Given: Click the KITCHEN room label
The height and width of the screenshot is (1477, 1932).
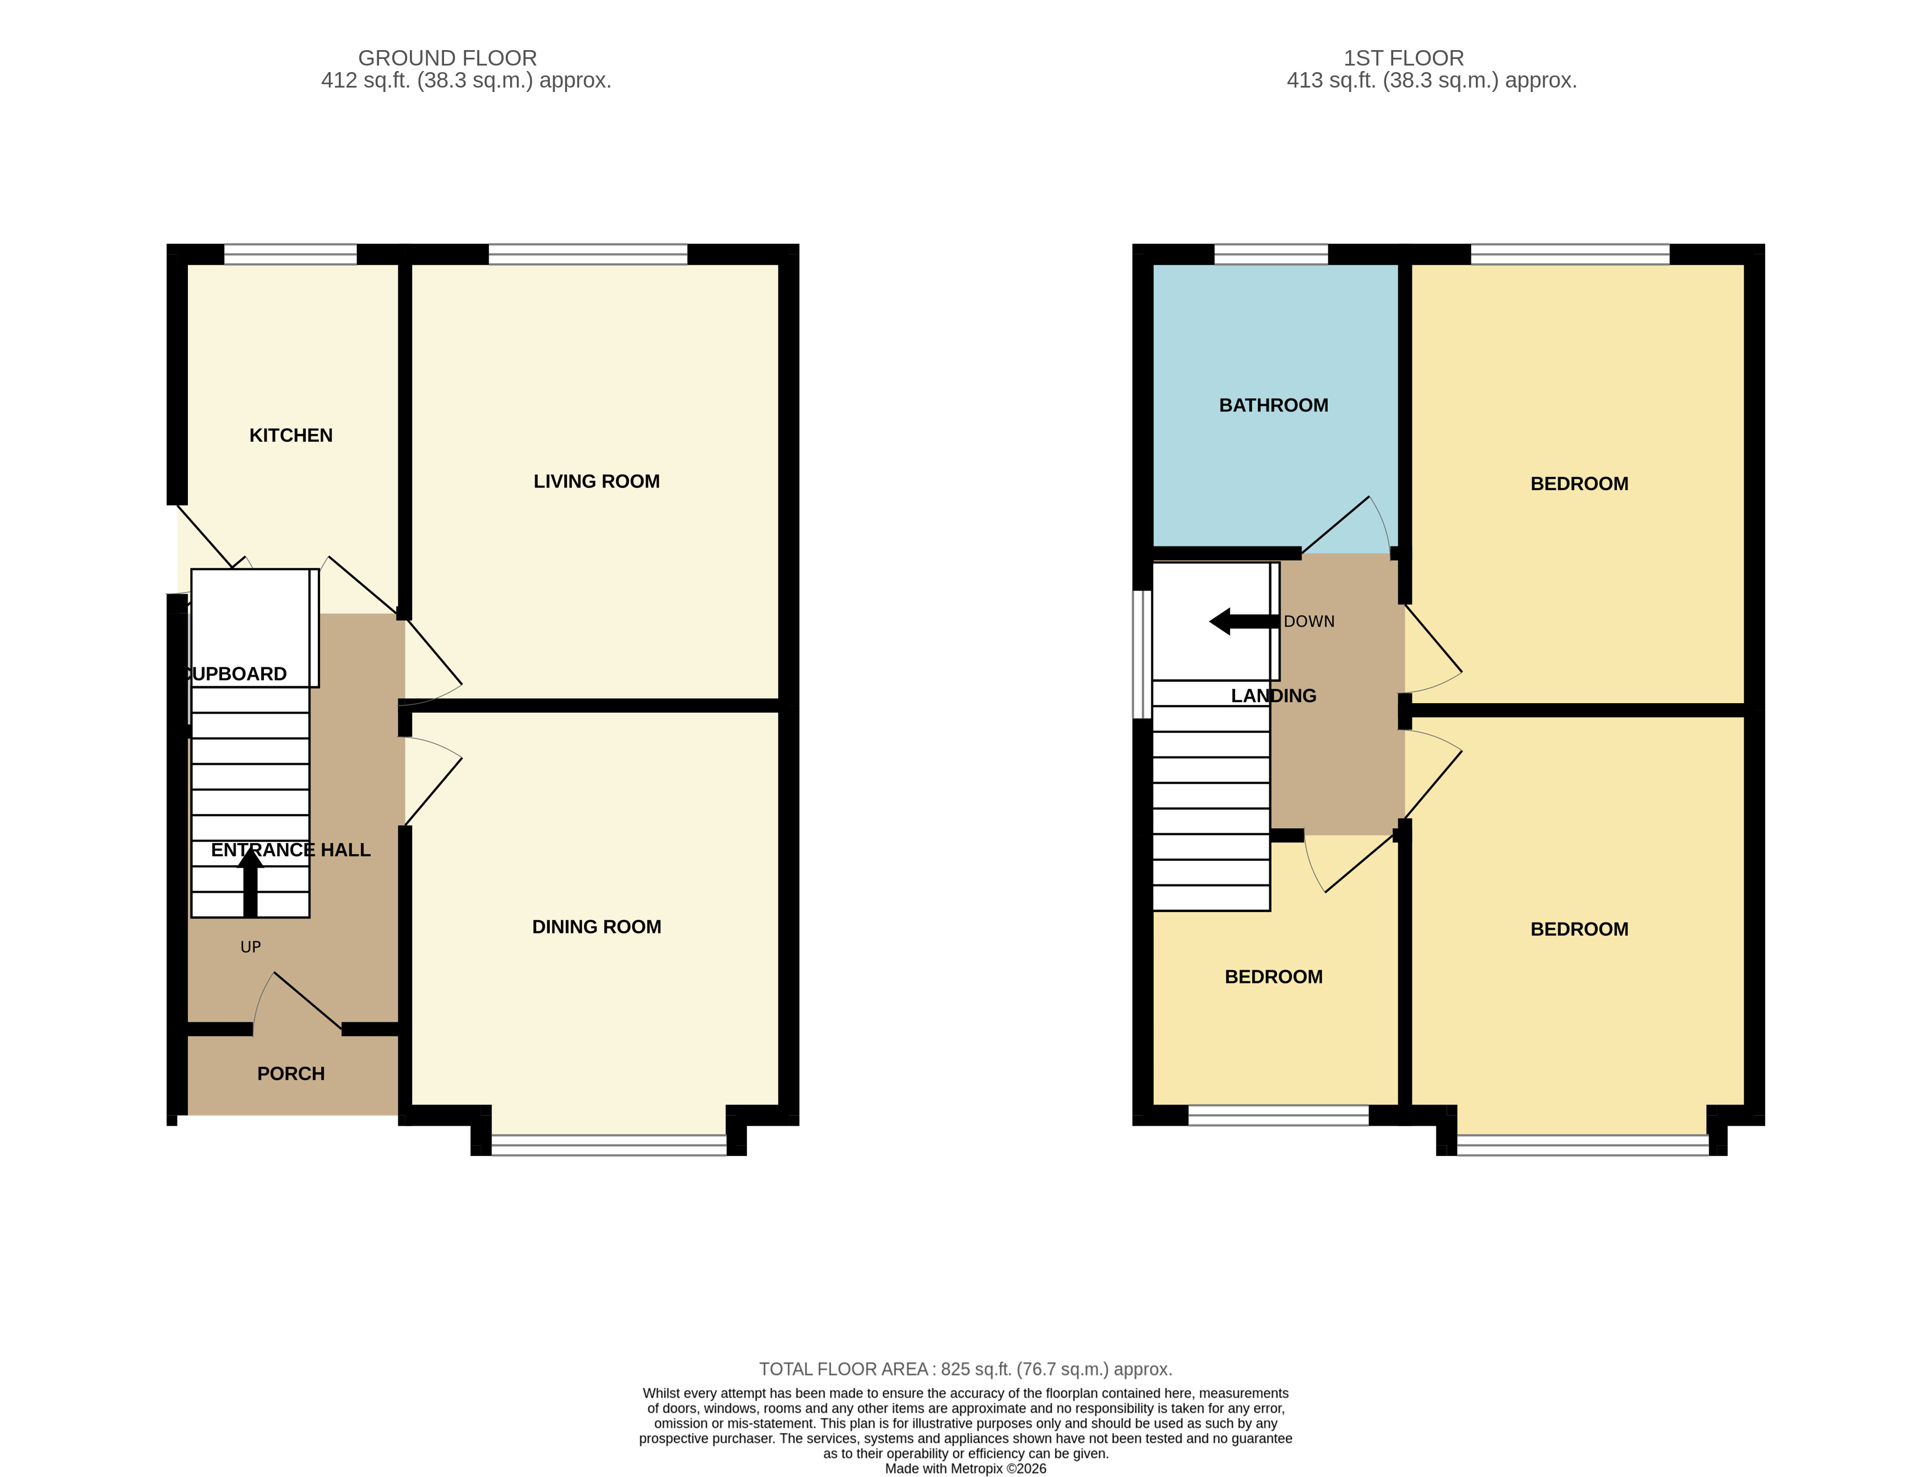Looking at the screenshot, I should coord(290,435).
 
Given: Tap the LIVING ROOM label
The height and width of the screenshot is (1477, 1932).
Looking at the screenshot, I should coord(596,481).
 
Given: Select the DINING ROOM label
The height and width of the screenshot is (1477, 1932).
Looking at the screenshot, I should coord(596,927).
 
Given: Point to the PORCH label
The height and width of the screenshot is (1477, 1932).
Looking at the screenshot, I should coord(290,1073).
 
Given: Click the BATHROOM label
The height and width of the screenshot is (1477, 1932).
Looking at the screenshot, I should coord(1273,405).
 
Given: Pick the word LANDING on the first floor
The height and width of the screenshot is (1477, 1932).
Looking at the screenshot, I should coord(1273,696).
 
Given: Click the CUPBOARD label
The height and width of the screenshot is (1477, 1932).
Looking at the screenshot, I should coord(236,674).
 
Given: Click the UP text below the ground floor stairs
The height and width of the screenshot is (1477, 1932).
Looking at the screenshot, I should coord(251,947).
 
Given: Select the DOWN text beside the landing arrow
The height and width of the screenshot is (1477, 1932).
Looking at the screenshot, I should coord(1308,622).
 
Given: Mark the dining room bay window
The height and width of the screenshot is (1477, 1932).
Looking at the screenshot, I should coord(609,1145).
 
